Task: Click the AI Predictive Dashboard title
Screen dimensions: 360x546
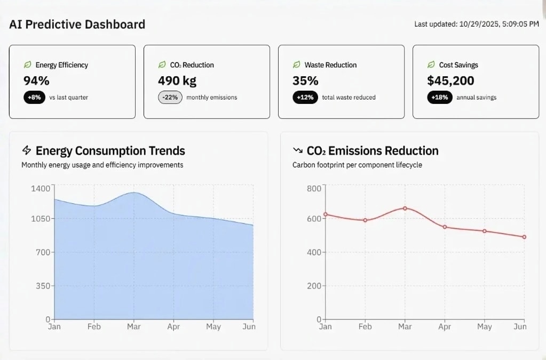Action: (77, 25)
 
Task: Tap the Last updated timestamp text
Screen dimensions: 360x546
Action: (476, 24)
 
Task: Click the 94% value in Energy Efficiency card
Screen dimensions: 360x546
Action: (36, 81)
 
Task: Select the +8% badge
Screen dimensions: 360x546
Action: (34, 98)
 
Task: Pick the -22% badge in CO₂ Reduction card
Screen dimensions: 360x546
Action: (170, 98)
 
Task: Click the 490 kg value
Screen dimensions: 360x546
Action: (177, 81)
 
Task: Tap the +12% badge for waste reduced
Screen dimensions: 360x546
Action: (305, 98)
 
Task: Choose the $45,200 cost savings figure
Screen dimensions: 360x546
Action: (450, 81)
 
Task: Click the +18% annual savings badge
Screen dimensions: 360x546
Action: (440, 98)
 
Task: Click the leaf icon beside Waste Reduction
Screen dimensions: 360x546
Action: (296, 65)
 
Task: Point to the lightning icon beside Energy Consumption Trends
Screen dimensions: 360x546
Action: (27, 150)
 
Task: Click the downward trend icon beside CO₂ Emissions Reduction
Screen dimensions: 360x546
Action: (298, 150)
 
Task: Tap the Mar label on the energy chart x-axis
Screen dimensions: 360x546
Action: (133, 326)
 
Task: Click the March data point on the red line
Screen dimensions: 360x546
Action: (405, 208)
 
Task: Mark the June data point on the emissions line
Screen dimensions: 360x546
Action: (524, 237)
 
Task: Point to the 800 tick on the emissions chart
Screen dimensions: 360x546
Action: (314, 188)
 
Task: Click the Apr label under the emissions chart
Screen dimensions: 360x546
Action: (444, 326)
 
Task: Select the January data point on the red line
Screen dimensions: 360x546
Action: (325, 214)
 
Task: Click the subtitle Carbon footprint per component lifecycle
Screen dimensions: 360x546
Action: (357, 165)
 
